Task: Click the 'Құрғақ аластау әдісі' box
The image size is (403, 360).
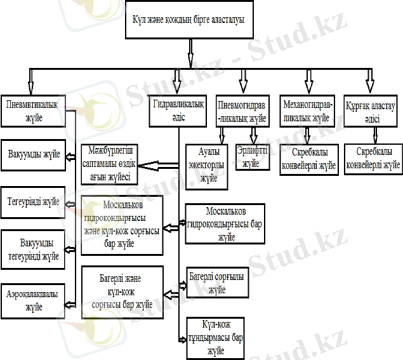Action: click(370, 111)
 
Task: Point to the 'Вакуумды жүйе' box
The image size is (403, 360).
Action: click(34, 154)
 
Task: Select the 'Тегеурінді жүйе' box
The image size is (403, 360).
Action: click(34, 202)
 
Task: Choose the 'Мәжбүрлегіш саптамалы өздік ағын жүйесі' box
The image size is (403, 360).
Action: click(110, 163)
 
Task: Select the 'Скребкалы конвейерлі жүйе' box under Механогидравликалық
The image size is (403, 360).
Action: click(308, 159)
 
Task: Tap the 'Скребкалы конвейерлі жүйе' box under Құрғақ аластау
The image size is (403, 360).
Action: click(373, 158)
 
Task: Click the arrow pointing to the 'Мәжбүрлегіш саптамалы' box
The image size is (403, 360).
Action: click(159, 165)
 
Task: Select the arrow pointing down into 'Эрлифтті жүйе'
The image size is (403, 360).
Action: click(254, 135)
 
